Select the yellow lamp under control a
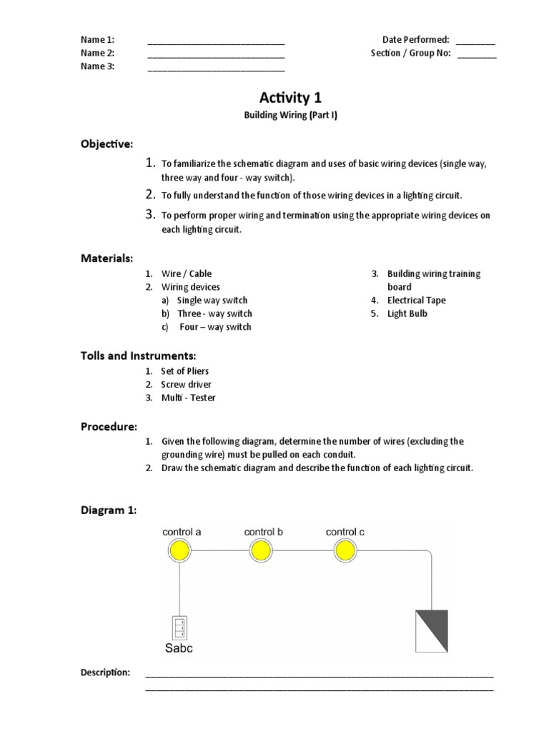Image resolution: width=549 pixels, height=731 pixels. [x=179, y=550]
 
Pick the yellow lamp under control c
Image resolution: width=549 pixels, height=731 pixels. [x=345, y=550]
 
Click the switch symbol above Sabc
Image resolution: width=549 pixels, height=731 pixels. [x=179, y=627]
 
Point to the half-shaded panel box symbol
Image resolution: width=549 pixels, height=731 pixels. [x=432, y=631]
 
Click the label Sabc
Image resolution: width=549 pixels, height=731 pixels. [x=179, y=649]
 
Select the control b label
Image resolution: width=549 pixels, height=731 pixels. [x=264, y=532]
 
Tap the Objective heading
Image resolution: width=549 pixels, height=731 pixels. [x=106, y=144]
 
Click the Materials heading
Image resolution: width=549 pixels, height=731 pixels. [x=107, y=258]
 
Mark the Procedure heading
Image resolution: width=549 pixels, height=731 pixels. [x=109, y=426]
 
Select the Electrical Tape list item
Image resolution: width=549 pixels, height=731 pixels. [x=416, y=301]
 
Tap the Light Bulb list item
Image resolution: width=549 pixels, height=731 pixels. [x=407, y=313]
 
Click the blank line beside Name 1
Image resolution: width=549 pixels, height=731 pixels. [x=216, y=41]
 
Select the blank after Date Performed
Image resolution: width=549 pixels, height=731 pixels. [x=475, y=41]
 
